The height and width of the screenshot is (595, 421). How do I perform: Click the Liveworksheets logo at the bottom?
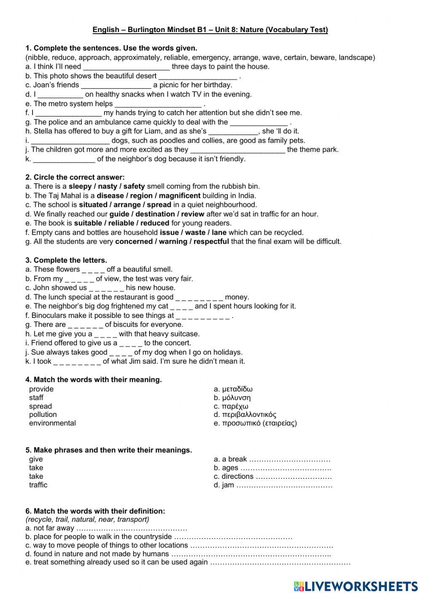click(356, 586)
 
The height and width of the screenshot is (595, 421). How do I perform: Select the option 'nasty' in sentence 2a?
click(107, 186)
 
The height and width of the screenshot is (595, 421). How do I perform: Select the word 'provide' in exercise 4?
click(41, 389)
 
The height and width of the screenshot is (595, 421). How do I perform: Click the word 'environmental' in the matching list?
click(52, 423)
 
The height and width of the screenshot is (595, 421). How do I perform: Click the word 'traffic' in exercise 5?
click(38, 485)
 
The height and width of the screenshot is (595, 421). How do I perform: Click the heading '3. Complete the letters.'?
click(66, 260)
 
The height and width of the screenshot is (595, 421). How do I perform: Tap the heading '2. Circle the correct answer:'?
click(75, 177)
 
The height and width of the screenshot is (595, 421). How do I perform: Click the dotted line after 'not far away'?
click(132, 528)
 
